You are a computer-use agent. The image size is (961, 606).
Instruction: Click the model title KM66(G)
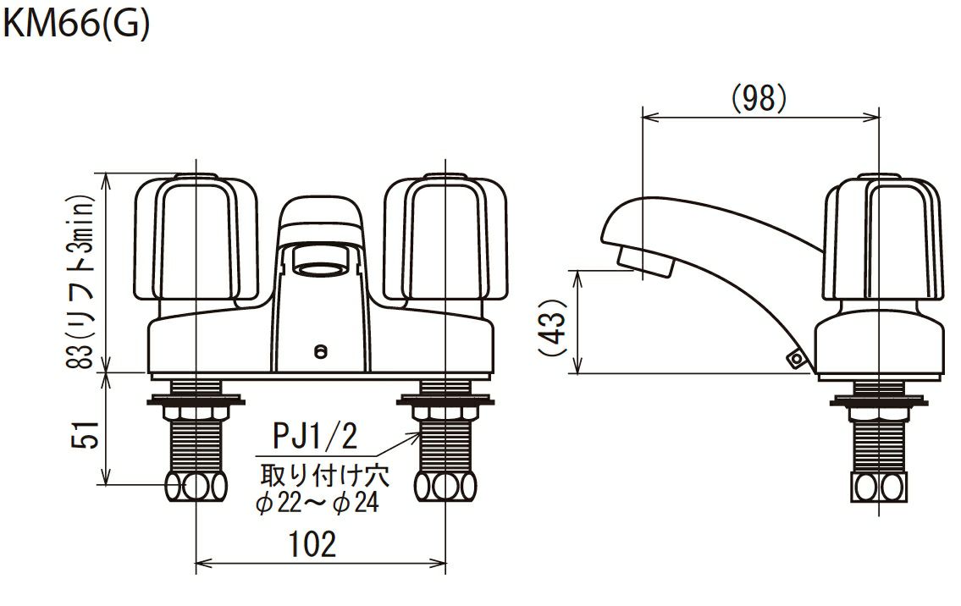[75, 25]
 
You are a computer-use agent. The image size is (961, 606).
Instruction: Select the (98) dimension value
[759, 98]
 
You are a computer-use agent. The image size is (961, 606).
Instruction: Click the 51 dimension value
[86, 435]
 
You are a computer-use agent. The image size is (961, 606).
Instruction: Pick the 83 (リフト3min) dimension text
[80, 281]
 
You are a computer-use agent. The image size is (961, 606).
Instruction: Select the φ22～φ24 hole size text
[318, 503]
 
